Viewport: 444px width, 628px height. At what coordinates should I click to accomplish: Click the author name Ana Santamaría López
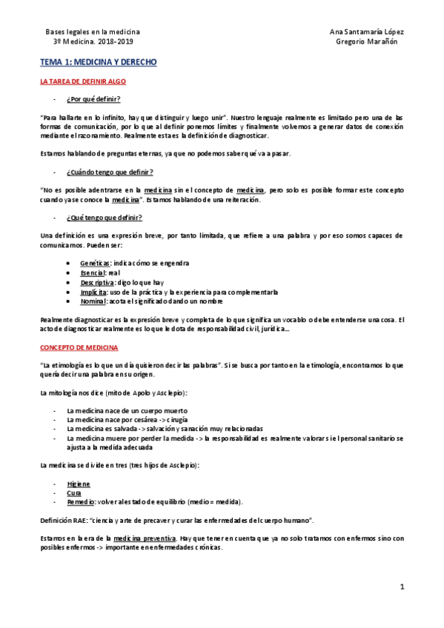[x=368, y=32]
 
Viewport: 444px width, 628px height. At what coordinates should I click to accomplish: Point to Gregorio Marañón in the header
[x=368, y=41]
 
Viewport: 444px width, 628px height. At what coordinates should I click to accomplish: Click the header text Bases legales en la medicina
[x=93, y=32]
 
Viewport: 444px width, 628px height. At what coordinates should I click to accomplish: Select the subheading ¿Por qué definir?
[x=93, y=98]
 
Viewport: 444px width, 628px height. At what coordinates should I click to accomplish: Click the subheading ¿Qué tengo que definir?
[x=104, y=217]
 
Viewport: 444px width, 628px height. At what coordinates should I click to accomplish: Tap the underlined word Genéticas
[x=96, y=263]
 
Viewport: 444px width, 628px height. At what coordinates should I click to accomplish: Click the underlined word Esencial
[x=93, y=273]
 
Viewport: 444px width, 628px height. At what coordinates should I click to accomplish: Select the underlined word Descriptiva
[x=97, y=282]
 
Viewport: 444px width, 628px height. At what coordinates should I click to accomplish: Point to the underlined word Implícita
[x=93, y=292]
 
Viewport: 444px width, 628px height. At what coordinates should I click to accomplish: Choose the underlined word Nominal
[x=93, y=301]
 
